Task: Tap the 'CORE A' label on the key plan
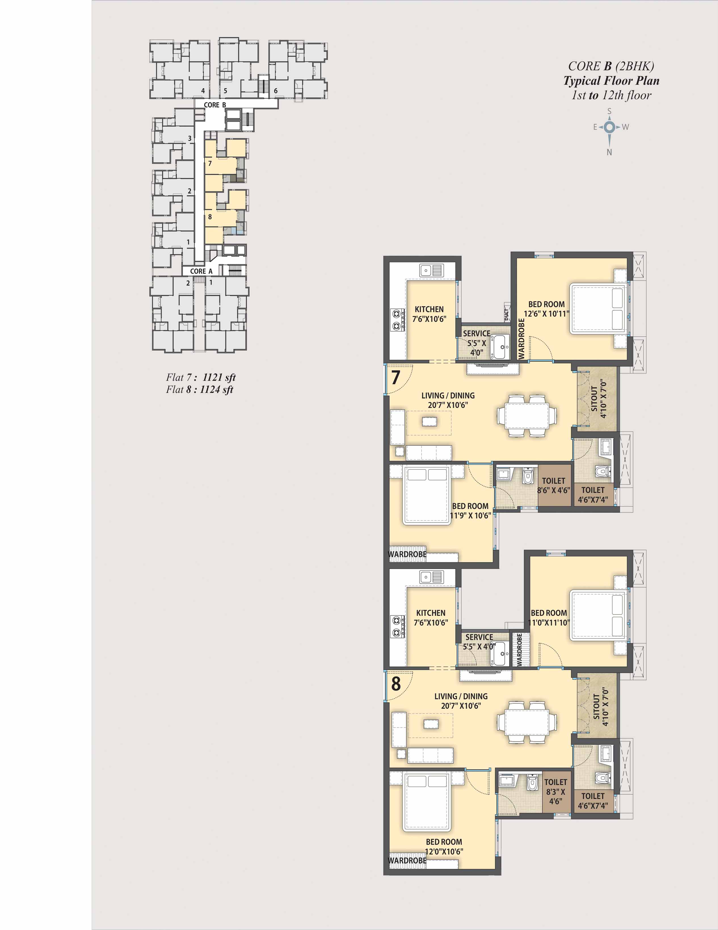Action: tap(201, 271)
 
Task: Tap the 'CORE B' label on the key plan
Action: tap(215, 105)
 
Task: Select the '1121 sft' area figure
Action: tap(219, 377)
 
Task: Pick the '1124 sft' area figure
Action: tap(216, 389)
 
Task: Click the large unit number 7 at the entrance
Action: tap(395, 377)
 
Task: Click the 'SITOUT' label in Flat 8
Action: tap(596, 709)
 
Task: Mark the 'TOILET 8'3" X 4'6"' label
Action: tap(555, 792)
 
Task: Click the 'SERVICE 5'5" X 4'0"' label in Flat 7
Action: tap(477, 343)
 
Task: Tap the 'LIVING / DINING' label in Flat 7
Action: tap(448, 396)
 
